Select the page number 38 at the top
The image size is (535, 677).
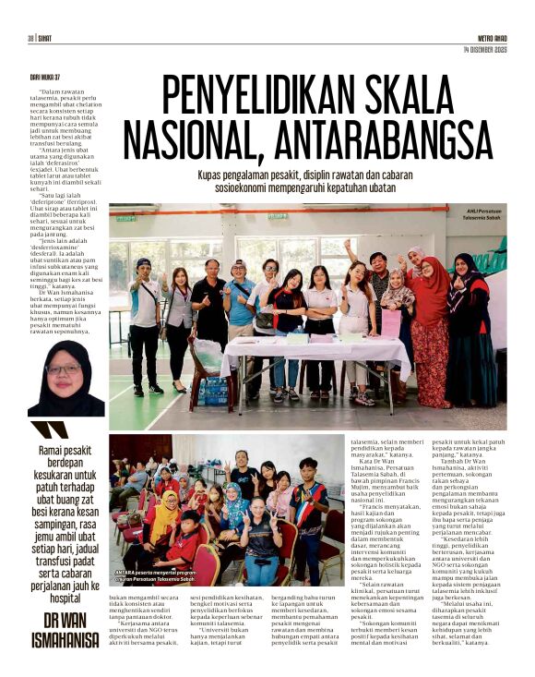click(30, 38)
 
